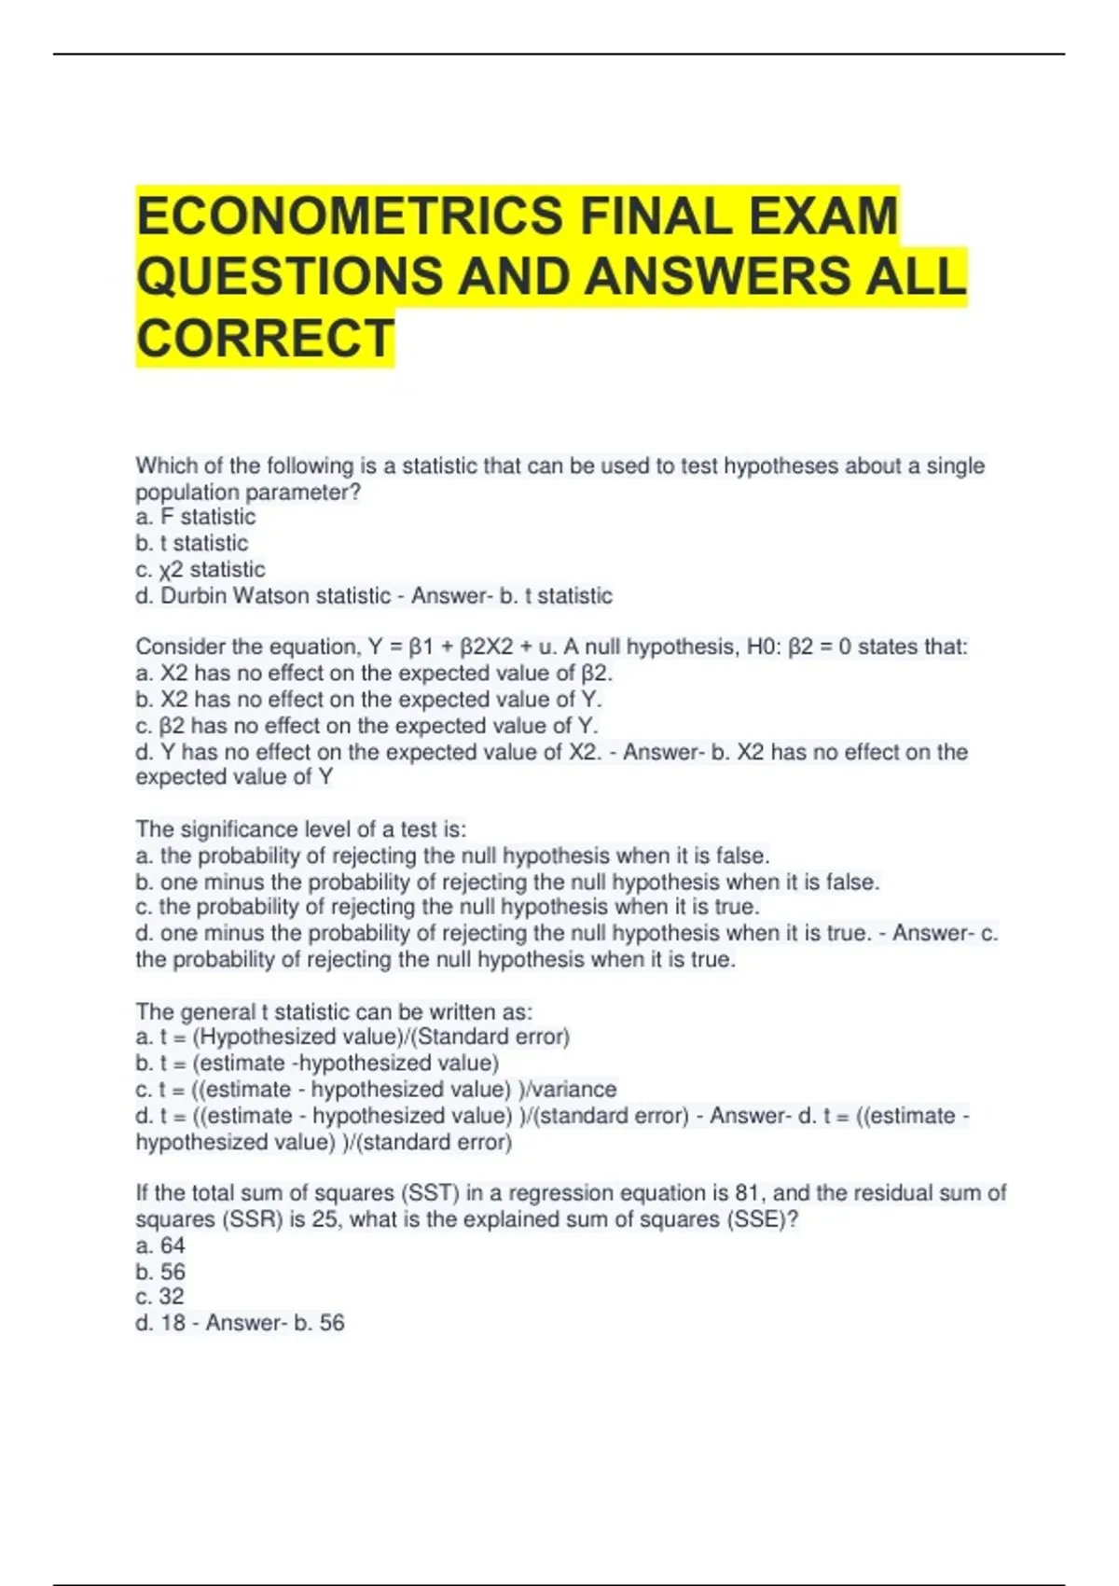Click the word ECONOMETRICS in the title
click(350, 216)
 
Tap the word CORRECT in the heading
click(266, 338)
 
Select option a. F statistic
click(195, 517)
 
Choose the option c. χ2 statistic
click(200, 569)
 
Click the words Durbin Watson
click(238, 595)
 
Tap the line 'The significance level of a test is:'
click(300, 829)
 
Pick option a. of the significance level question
click(452, 856)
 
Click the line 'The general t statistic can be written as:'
click(334, 1011)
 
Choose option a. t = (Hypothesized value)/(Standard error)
click(352, 1036)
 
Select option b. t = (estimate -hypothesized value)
click(317, 1063)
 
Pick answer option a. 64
click(160, 1245)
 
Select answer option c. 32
click(159, 1296)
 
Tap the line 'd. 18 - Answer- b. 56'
click(240, 1322)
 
